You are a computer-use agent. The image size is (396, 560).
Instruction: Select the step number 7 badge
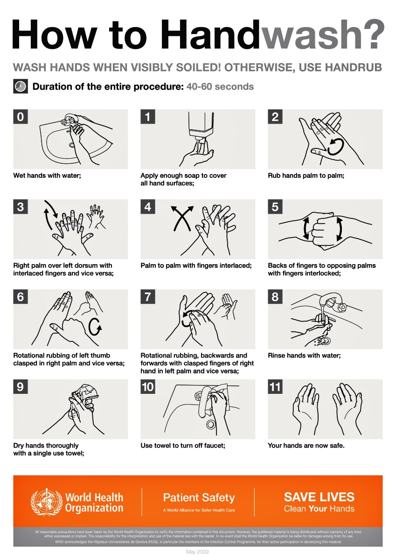pyautogui.click(x=148, y=296)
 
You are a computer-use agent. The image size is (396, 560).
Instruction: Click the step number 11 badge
pyautogui.click(x=275, y=386)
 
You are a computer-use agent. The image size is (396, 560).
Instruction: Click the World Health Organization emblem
pyautogui.click(x=46, y=502)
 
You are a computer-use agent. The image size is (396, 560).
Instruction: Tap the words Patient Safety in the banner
pyautogui.click(x=199, y=497)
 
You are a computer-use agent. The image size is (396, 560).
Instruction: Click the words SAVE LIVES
pyautogui.click(x=319, y=497)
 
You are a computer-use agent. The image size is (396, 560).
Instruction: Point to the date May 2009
pyautogui.click(x=198, y=553)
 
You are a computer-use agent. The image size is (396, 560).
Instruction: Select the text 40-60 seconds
pyautogui.click(x=220, y=87)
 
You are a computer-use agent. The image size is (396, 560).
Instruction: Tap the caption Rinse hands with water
pyautogui.click(x=304, y=356)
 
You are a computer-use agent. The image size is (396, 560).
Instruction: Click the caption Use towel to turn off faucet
pyautogui.click(x=183, y=446)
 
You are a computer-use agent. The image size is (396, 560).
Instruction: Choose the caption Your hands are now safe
pyautogui.click(x=306, y=446)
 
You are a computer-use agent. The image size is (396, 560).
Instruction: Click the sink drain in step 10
pyautogui.click(x=210, y=425)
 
